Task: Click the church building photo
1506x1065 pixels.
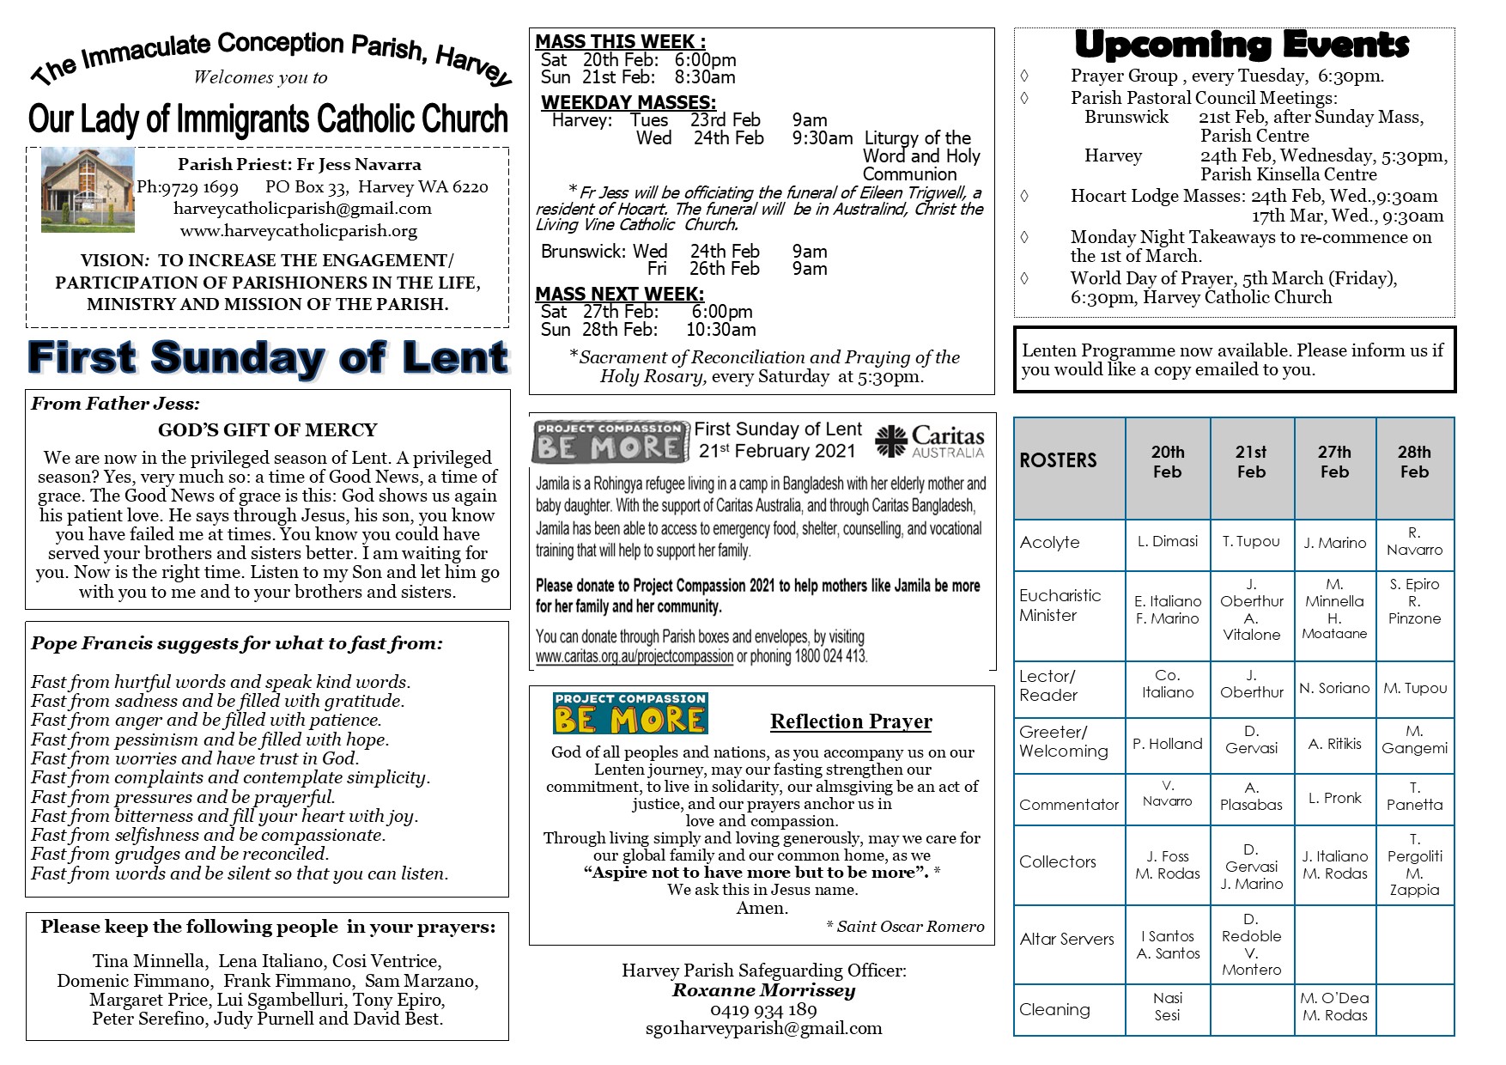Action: click(x=88, y=190)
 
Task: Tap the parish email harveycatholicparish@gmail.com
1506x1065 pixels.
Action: click(x=302, y=209)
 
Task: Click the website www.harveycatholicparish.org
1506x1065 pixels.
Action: click(x=298, y=231)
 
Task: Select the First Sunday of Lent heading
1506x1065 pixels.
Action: click(x=268, y=358)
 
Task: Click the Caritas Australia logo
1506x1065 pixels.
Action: click(x=930, y=441)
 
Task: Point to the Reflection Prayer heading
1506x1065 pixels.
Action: click(x=851, y=721)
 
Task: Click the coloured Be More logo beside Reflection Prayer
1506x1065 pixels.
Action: click(x=630, y=713)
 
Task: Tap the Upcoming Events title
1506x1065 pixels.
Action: click(x=1242, y=45)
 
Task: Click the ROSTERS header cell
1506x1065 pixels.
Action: click(x=1058, y=460)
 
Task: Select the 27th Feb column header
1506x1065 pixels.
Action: click(x=1334, y=462)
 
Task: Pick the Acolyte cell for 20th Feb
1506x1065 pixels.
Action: click(x=1167, y=541)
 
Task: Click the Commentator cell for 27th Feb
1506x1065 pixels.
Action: click(x=1334, y=798)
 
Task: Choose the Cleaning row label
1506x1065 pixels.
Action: click(x=1054, y=1010)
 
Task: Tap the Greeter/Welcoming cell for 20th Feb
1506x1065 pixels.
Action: click(x=1167, y=744)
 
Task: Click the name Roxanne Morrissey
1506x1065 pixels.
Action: click(x=763, y=990)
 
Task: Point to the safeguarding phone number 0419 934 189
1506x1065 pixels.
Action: click(x=763, y=1010)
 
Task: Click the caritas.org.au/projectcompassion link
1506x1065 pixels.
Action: click(x=635, y=657)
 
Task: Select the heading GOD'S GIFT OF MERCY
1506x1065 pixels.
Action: click(x=267, y=430)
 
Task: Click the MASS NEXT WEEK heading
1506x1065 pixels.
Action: click(x=619, y=295)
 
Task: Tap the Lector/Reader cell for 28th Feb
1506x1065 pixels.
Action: click(x=1414, y=688)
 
